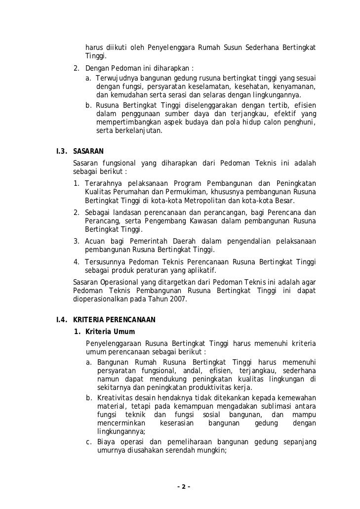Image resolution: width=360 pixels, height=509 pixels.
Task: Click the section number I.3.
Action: (64, 151)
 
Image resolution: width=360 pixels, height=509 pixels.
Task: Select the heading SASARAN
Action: (88, 151)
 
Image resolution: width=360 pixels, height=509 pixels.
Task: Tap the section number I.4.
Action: (64, 320)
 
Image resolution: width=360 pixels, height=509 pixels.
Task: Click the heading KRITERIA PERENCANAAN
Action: (114, 320)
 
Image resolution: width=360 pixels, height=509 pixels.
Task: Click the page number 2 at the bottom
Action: (183, 487)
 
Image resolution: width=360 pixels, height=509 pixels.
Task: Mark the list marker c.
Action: (88, 441)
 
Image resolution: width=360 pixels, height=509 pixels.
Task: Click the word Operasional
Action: (119, 281)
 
